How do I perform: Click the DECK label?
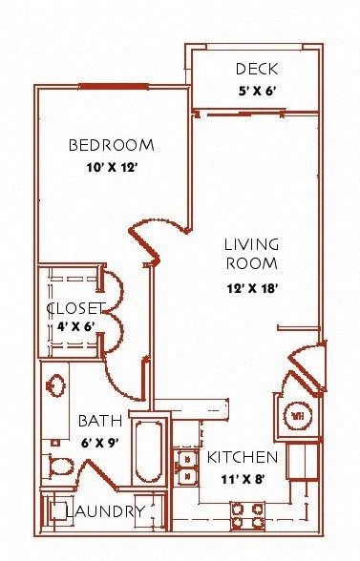(257, 69)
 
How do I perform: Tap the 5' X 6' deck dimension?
(257, 91)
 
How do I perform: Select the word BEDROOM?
(112, 145)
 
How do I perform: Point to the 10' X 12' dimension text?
(112, 167)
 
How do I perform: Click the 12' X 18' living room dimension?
(252, 288)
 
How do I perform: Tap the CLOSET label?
(76, 308)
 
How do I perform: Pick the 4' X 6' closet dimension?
(75, 326)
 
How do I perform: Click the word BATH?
(100, 421)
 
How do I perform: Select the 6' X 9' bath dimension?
(99, 443)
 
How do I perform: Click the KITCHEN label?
(243, 457)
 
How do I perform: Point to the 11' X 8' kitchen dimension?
(243, 479)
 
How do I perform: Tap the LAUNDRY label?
(106, 511)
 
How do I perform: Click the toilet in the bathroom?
(58, 466)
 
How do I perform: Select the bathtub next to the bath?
(149, 451)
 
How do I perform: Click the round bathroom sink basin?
(56, 385)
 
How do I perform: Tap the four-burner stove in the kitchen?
(247, 515)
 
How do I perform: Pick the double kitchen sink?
(186, 467)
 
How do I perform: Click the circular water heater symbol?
(297, 416)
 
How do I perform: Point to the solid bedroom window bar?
(114, 86)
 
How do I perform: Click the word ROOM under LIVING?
(252, 263)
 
